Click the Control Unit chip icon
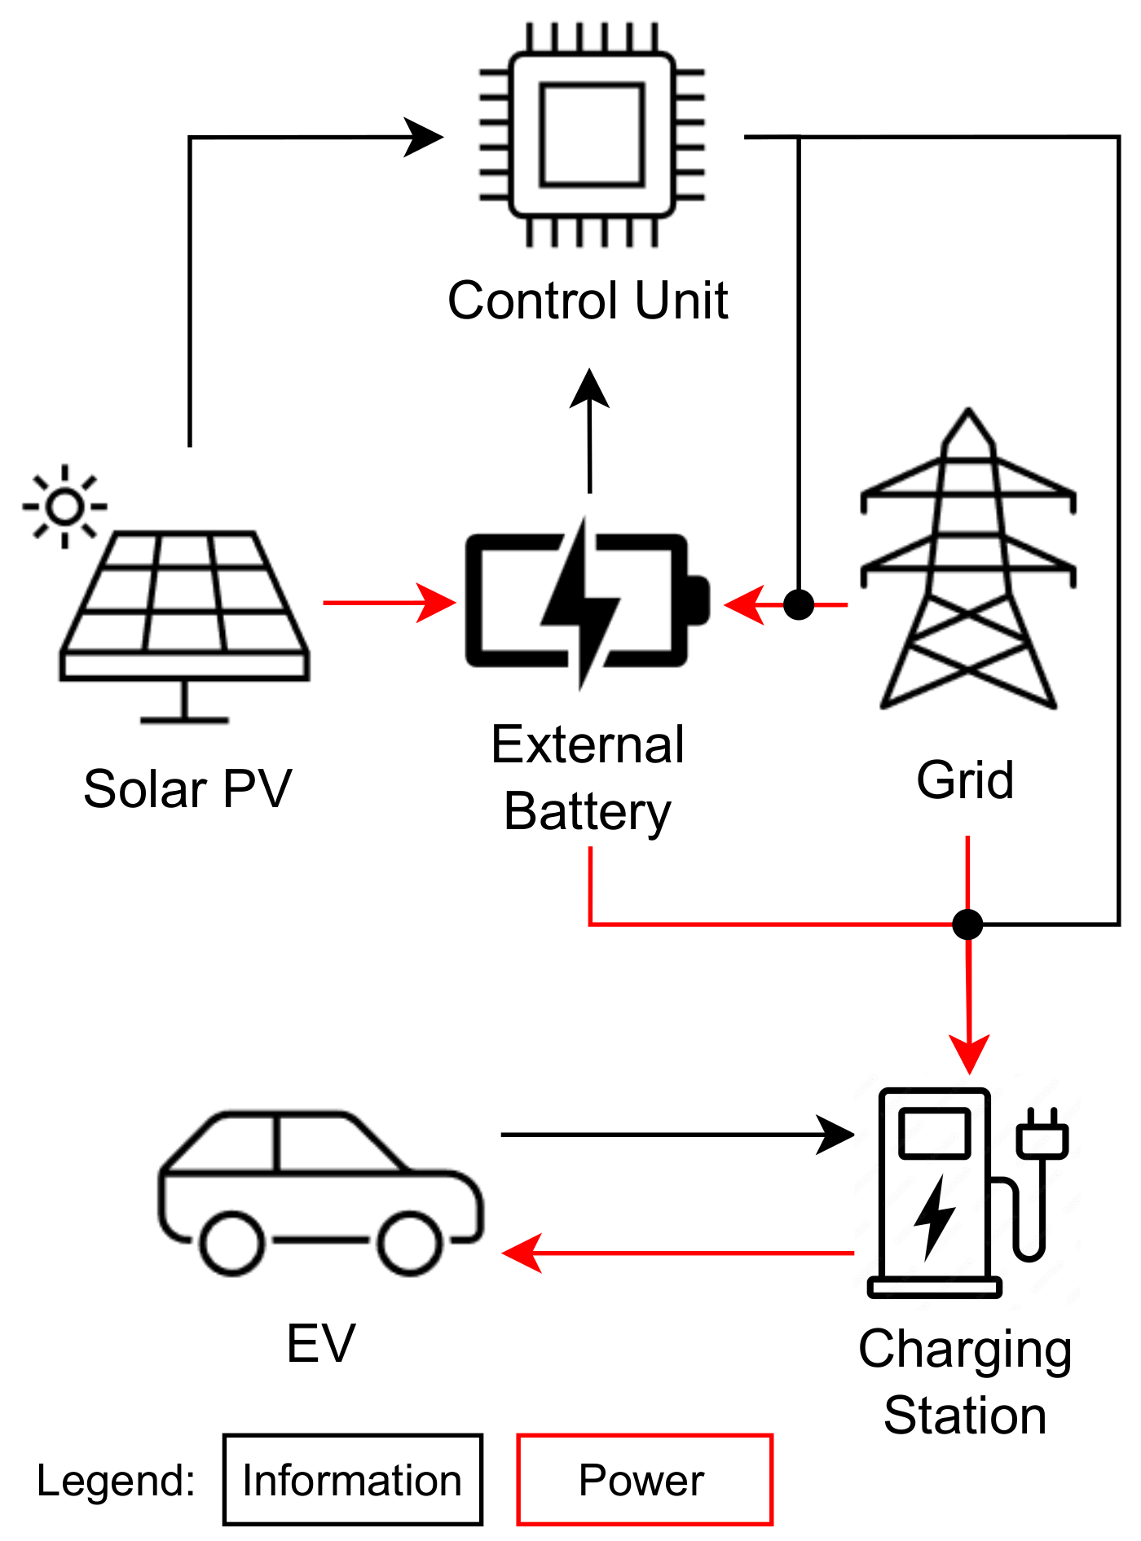(592, 134)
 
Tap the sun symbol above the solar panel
(64, 507)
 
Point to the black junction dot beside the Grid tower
(799, 604)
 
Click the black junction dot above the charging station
(967, 924)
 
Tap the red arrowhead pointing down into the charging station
(969, 1054)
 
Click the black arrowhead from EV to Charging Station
(835, 1135)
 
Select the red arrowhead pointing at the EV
(522, 1253)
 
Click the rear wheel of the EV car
(232, 1243)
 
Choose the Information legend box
(353, 1479)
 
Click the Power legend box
(644, 1479)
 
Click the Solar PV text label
(187, 788)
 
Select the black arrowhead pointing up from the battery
(589, 388)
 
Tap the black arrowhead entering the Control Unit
(424, 137)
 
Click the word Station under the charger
(965, 1416)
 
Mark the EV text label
(321, 1343)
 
